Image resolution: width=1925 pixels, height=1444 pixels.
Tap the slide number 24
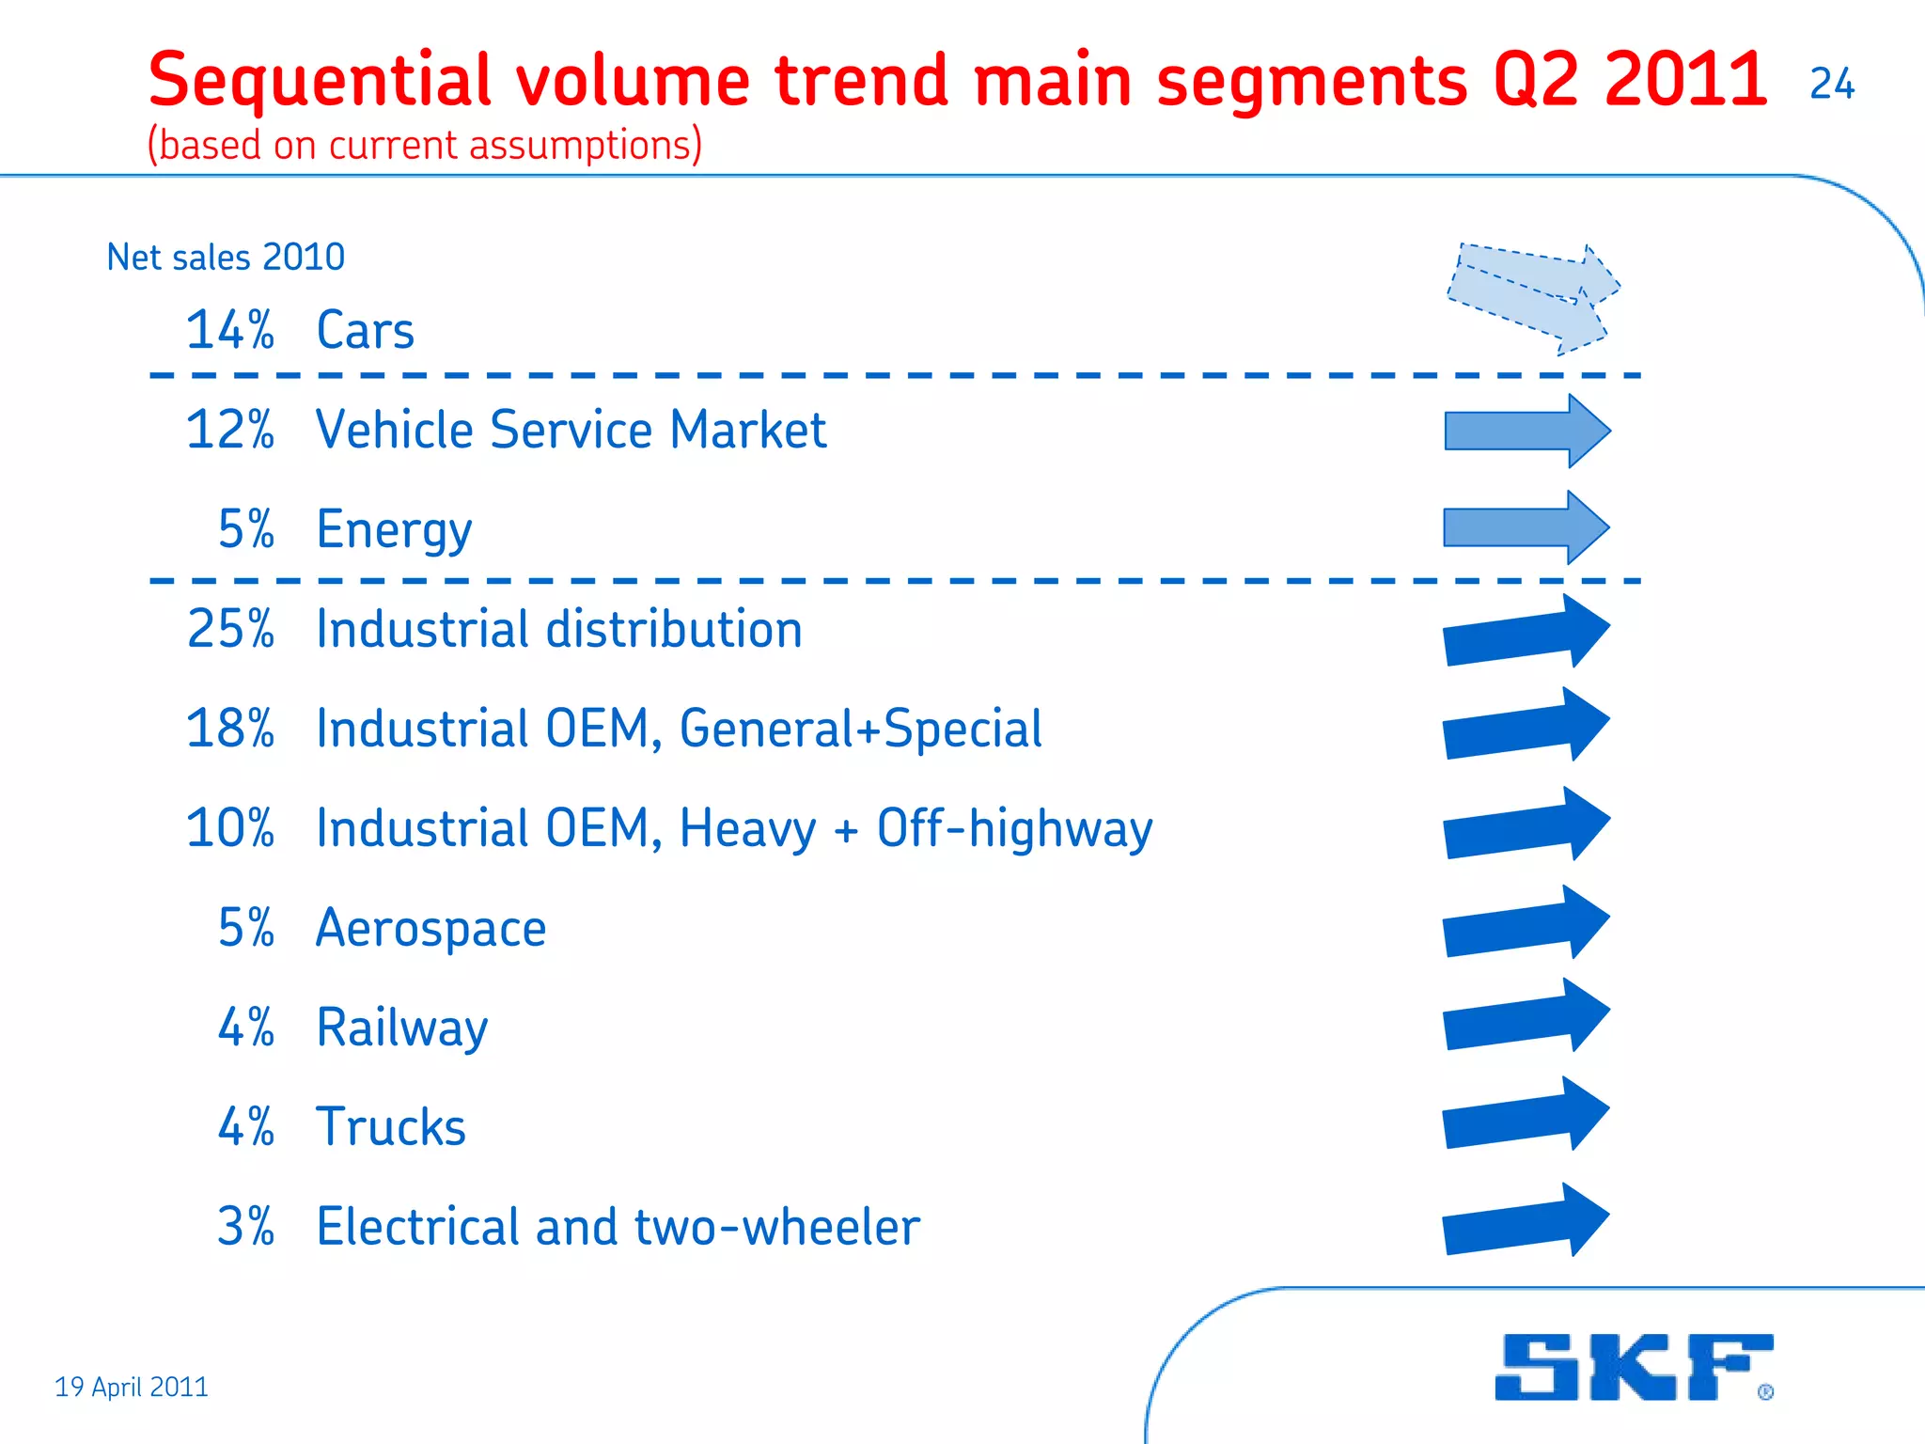click(1831, 85)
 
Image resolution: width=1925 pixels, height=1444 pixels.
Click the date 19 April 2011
click(132, 1387)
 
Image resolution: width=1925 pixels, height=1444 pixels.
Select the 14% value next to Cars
click(230, 331)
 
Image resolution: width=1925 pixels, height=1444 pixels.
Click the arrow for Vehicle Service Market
click(1526, 431)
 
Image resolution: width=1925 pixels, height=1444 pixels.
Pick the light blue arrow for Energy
click(1526, 527)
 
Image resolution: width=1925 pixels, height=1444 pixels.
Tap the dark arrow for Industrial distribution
click(1526, 632)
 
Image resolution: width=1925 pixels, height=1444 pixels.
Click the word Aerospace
click(430, 929)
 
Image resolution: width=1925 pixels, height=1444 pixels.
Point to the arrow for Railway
click(1526, 1016)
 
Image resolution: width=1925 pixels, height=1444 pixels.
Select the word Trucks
click(391, 1127)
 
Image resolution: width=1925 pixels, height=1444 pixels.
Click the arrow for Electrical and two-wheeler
click(1526, 1221)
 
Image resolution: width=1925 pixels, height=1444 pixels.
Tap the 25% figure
click(230, 629)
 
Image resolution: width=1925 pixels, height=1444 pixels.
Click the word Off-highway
click(1014, 829)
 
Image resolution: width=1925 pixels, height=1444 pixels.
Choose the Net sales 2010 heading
click(226, 257)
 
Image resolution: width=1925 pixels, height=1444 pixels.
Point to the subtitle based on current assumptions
click(425, 145)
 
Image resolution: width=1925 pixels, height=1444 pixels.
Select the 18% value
click(230, 729)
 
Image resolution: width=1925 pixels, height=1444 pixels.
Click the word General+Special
click(860, 730)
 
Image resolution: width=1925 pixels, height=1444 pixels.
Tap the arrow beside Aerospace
click(1526, 923)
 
